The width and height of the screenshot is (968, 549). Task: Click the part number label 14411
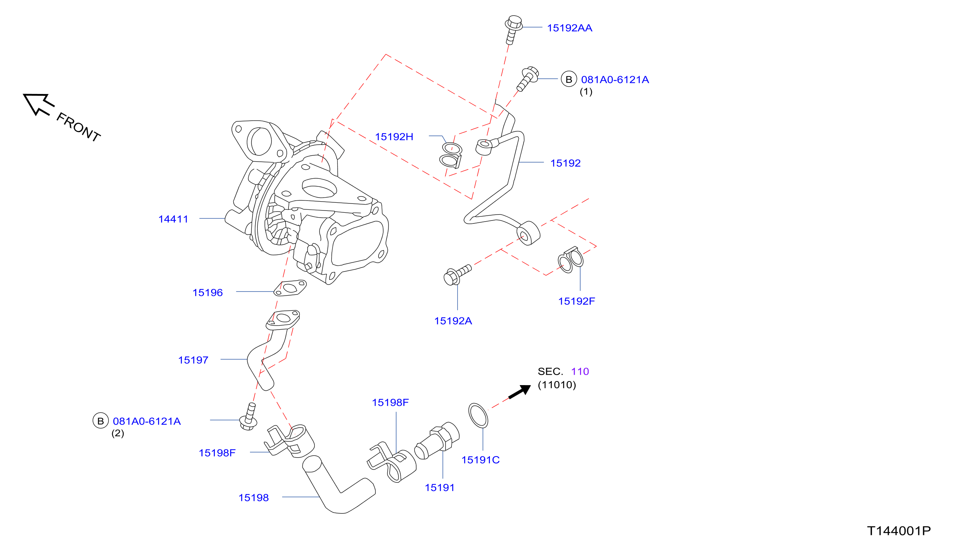pos(173,219)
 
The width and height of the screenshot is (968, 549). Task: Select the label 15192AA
pos(570,28)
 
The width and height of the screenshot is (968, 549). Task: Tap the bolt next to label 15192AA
pos(513,30)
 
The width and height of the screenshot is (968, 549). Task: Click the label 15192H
pos(394,137)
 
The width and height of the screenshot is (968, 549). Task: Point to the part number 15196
pos(208,293)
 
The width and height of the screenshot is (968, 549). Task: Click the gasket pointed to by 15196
pos(290,288)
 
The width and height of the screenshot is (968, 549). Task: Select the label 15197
pos(193,360)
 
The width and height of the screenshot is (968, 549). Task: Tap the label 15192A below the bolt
pos(453,321)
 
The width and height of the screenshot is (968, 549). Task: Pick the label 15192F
pos(576,301)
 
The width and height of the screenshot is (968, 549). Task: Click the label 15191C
pos(480,460)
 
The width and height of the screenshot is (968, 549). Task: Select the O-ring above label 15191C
pos(478,415)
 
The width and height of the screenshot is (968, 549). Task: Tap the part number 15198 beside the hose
pos(254,498)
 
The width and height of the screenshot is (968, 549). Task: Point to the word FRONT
pos(79,127)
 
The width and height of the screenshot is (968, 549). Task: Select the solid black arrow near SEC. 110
pos(520,391)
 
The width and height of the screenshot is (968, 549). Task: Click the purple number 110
pos(580,371)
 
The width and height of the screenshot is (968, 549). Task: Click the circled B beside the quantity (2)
pos(101,421)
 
